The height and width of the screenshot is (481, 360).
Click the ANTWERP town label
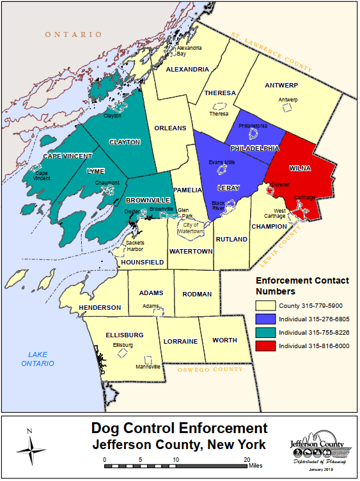[281, 85]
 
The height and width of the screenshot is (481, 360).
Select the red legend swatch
[265, 346]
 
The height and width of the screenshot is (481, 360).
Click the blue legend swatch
[265, 319]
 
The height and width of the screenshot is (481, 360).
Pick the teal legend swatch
[265, 332]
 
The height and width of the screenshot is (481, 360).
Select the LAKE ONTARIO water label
[36, 359]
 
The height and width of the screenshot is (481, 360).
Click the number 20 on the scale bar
[246, 459]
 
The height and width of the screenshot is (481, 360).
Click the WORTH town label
[225, 340]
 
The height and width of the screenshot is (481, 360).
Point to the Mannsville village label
[148, 367]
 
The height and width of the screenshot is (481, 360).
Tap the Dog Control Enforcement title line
[179, 429]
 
